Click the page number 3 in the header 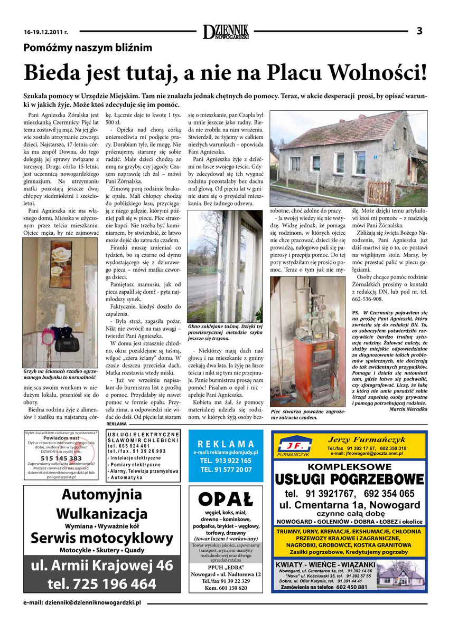[419, 31]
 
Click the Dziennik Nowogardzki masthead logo [226, 32]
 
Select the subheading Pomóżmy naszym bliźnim [88, 48]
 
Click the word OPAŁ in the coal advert [226, 498]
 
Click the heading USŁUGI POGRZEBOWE [349, 479]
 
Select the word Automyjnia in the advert [101, 494]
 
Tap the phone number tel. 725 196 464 [101, 584]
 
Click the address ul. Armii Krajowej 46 [101, 565]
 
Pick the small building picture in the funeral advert [401, 577]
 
